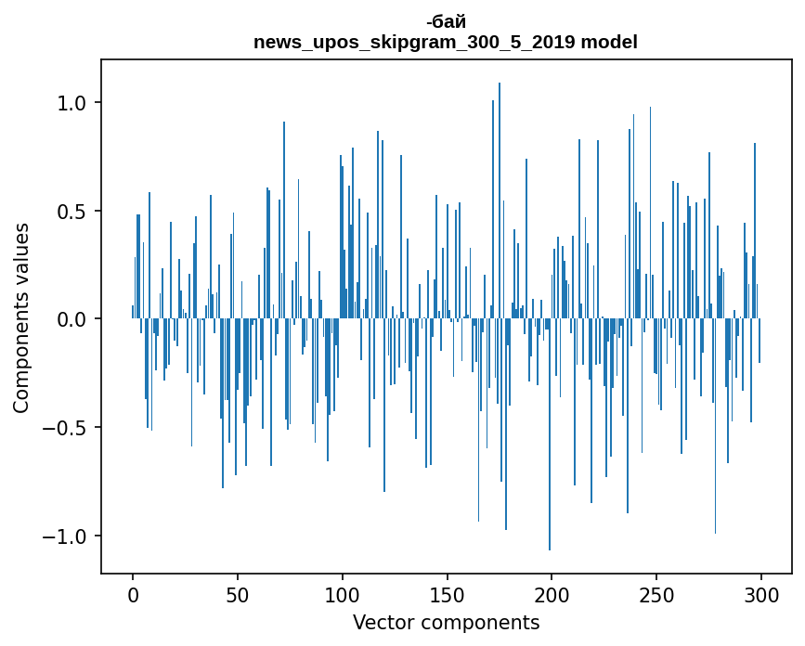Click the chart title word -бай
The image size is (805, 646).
tap(446, 21)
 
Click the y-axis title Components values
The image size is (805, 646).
tap(21, 317)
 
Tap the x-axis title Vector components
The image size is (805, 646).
tap(446, 622)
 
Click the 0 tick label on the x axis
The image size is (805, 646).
tap(133, 594)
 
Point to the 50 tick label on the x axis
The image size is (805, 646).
tap(238, 594)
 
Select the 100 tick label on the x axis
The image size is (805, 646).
tap(342, 594)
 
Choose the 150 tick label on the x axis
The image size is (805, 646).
tap(447, 594)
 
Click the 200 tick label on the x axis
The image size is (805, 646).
tap(552, 594)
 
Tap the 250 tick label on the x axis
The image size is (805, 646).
tap(656, 594)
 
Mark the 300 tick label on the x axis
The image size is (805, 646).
tap(760, 594)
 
